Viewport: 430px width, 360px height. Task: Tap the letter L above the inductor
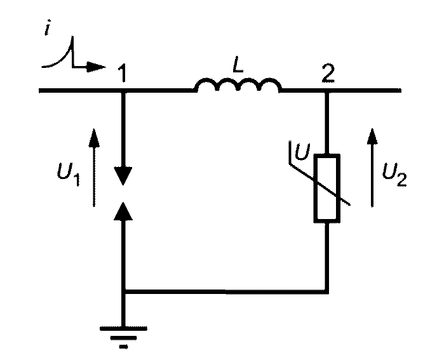click(238, 64)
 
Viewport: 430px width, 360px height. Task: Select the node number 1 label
click(122, 73)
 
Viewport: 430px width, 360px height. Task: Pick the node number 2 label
click(328, 73)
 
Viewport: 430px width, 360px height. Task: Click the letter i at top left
click(48, 27)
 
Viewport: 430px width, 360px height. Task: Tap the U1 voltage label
click(69, 174)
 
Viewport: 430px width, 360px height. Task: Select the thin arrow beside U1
click(94, 167)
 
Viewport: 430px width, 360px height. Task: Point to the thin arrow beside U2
click(372, 168)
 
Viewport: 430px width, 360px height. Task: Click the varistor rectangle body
click(327, 188)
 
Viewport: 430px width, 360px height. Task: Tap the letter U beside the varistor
click(302, 151)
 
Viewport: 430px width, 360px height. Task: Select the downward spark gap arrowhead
click(123, 175)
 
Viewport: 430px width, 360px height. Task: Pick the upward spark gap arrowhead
click(123, 211)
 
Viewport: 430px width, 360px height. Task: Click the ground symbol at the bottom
click(123, 337)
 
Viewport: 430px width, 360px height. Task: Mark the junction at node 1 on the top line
click(123, 90)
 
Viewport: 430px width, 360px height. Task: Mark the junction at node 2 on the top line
click(327, 90)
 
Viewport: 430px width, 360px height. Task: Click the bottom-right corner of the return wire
click(327, 291)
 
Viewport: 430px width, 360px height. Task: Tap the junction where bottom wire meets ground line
click(123, 291)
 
